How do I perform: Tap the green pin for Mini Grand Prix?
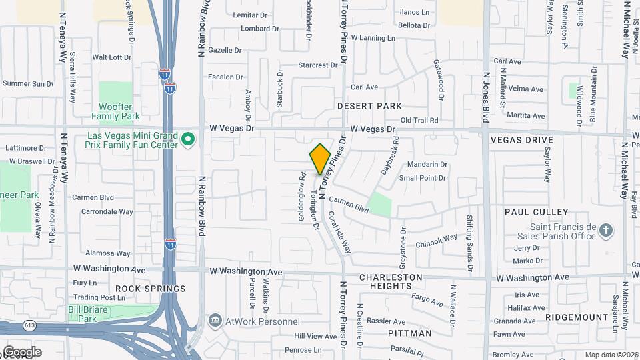click(188, 139)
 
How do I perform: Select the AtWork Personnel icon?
click(215, 321)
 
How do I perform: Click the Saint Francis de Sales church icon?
click(605, 231)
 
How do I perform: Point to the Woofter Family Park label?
click(119, 111)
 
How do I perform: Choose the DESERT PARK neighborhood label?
click(369, 106)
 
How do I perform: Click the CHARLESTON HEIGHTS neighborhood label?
click(391, 281)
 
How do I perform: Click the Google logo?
click(21, 352)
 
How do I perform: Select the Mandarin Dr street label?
click(427, 164)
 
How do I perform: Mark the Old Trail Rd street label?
click(419, 120)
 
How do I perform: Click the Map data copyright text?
click(611, 355)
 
